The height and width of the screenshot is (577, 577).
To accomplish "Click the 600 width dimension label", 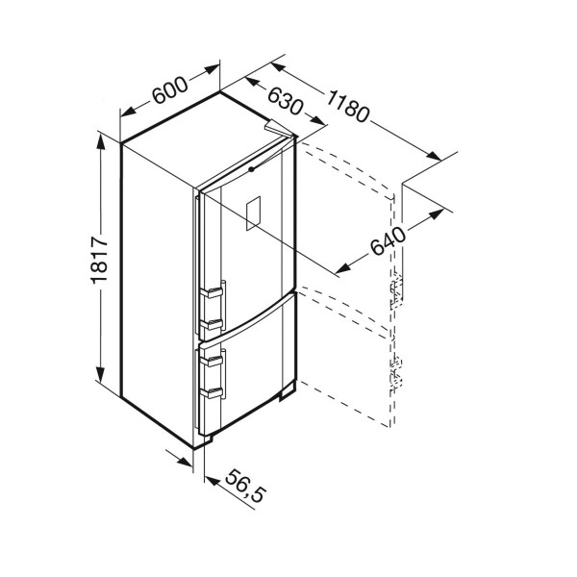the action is (x=170, y=90).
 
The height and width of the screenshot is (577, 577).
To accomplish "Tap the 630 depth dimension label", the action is (x=286, y=101).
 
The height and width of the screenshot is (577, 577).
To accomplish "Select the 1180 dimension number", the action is (x=347, y=107).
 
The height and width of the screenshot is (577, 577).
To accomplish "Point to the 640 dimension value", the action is (x=388, y=241).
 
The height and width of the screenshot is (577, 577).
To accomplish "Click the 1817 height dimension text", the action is (x=99, y=261).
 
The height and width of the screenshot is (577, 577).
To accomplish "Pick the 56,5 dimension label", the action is (x=245, y=486).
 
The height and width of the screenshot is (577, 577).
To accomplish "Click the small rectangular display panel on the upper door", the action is (x=253, y=213).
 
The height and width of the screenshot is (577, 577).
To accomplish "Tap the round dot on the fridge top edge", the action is (x=251, y=169).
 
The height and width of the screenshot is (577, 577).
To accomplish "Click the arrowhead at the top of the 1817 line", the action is (x=100, y=141).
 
